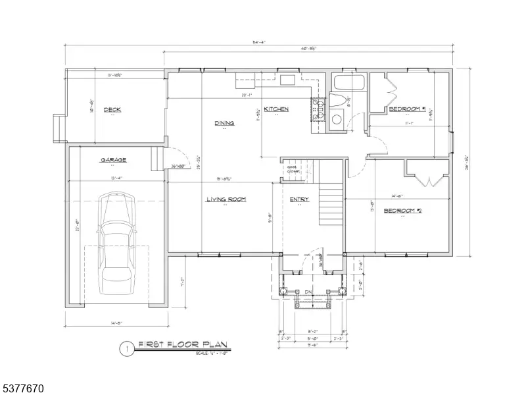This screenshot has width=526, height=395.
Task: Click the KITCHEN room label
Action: point(276,109)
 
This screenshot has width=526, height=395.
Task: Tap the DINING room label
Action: point(224,123)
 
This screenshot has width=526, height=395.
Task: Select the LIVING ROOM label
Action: point(226,199)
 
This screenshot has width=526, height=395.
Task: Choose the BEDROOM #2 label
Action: point(402,211)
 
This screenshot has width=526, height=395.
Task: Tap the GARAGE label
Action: point(113,160)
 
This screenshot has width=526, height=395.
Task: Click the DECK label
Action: point(112,109)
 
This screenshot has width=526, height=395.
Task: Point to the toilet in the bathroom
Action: point(336,102)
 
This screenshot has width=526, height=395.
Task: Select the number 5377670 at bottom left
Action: point(22,389)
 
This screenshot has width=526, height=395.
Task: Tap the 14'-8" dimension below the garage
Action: point(116,323)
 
